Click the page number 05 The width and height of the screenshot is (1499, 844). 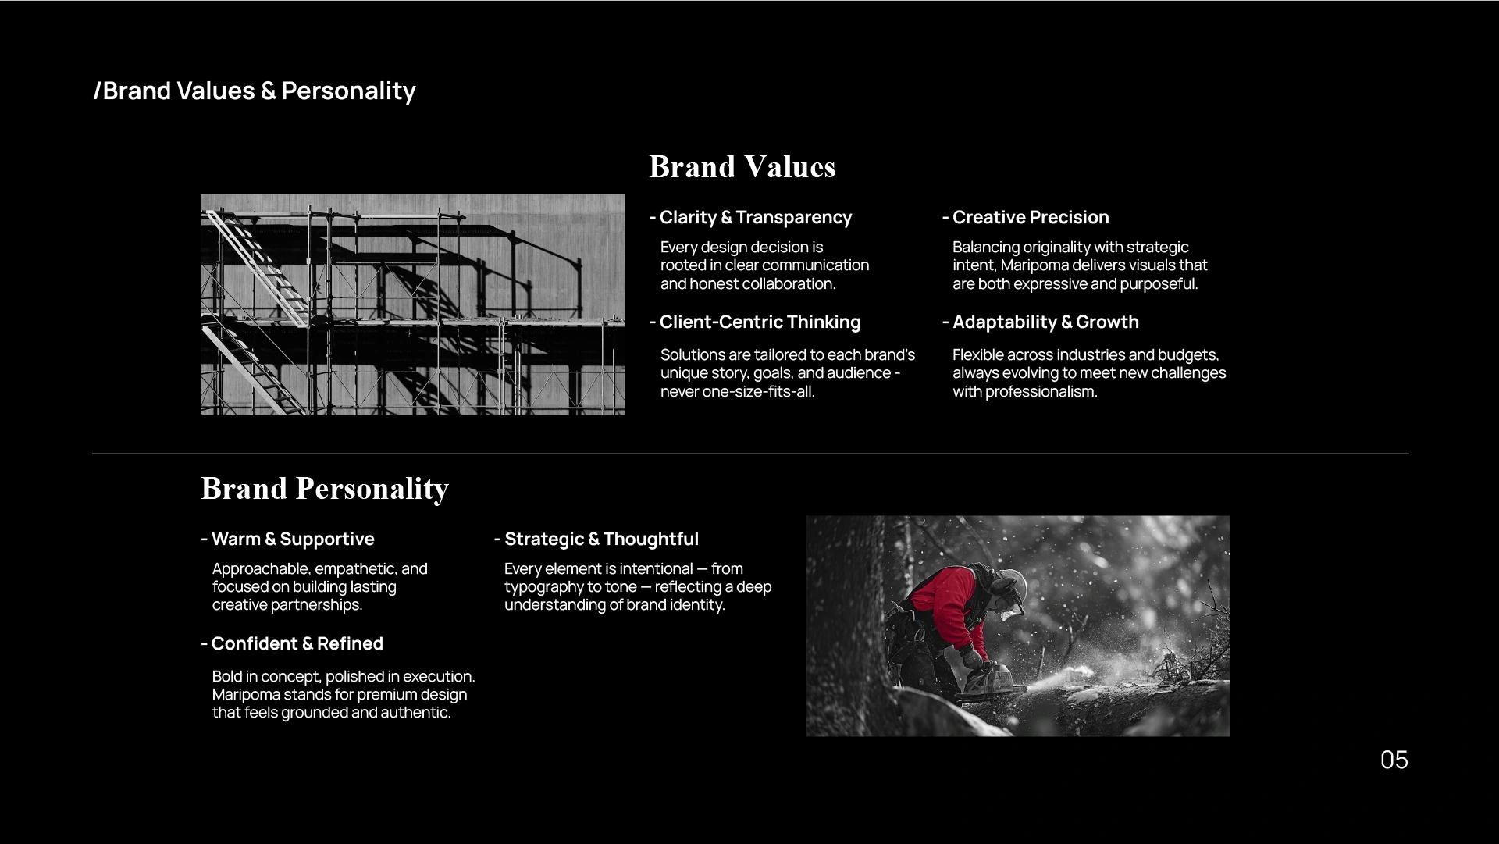tap(1394, 760)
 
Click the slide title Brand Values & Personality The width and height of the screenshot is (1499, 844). tap(255, 91)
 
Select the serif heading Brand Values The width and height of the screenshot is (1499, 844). tap(742, 167)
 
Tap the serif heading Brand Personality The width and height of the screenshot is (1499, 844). tap(325, 490)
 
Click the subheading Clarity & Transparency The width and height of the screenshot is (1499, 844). tap(750, 217)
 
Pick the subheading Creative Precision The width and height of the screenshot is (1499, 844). tap(1025, 217)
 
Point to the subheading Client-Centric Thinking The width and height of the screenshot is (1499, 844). tap(755, 322)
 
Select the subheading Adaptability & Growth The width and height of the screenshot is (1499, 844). tap(1040, 322)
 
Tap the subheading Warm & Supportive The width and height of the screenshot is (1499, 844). tap(287, 539)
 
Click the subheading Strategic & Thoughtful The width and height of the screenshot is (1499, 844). tap(596, 539)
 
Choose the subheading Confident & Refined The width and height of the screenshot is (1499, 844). tap(292, 643)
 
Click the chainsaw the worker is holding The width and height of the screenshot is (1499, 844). tap(990, 682)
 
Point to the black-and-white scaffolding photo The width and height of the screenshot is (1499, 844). tap(412, 304)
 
